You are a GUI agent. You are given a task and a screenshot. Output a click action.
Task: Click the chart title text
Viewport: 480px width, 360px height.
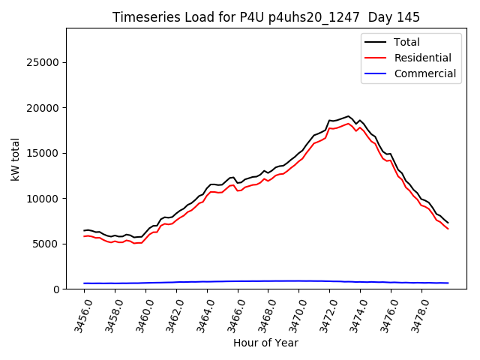click(266, 16)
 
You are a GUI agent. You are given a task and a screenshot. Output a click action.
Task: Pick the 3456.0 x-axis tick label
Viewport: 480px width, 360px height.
click(79, 313)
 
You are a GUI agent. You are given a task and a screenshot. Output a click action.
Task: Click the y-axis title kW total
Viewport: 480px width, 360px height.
click(15, 159)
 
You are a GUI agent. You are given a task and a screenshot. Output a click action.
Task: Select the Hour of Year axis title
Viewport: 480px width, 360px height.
click(265, 343)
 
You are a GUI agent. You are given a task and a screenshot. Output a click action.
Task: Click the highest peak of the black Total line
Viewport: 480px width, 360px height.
click(349, 116)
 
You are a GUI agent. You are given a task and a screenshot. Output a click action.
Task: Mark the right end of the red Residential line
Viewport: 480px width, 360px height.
click(448, 229)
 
